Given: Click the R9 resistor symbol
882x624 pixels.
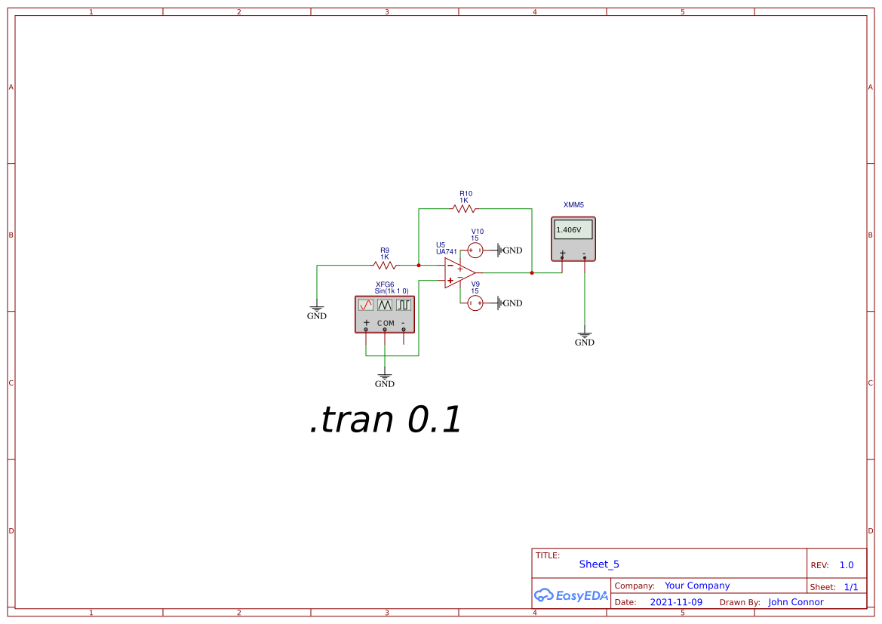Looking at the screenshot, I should [385, 266].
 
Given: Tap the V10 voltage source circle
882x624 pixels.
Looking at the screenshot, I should [475, 250].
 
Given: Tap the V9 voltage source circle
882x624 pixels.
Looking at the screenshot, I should [475, 303].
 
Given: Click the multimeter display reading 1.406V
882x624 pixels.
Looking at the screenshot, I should [573, 229].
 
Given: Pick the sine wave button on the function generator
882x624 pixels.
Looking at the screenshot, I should [366, 305].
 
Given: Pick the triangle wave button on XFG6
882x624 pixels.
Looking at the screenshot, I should [385, 305].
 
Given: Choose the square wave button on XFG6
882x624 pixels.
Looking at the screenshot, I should [404, 305].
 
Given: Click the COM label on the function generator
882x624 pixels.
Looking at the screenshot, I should [386, 323].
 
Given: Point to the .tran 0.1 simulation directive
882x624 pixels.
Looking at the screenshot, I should [386, 420].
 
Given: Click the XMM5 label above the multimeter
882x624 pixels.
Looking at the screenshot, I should [573, 204].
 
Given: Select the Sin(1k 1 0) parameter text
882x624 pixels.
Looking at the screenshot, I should [392, 290].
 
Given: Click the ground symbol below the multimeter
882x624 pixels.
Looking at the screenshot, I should [585, 334].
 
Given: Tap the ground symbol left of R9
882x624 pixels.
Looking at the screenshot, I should [317, 309].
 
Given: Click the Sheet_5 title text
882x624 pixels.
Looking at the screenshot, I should [599, 564].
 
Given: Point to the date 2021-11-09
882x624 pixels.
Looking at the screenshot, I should [676, 602].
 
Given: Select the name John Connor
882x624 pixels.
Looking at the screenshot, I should [796, 602].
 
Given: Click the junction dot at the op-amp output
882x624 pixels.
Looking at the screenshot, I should [532, 273].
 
